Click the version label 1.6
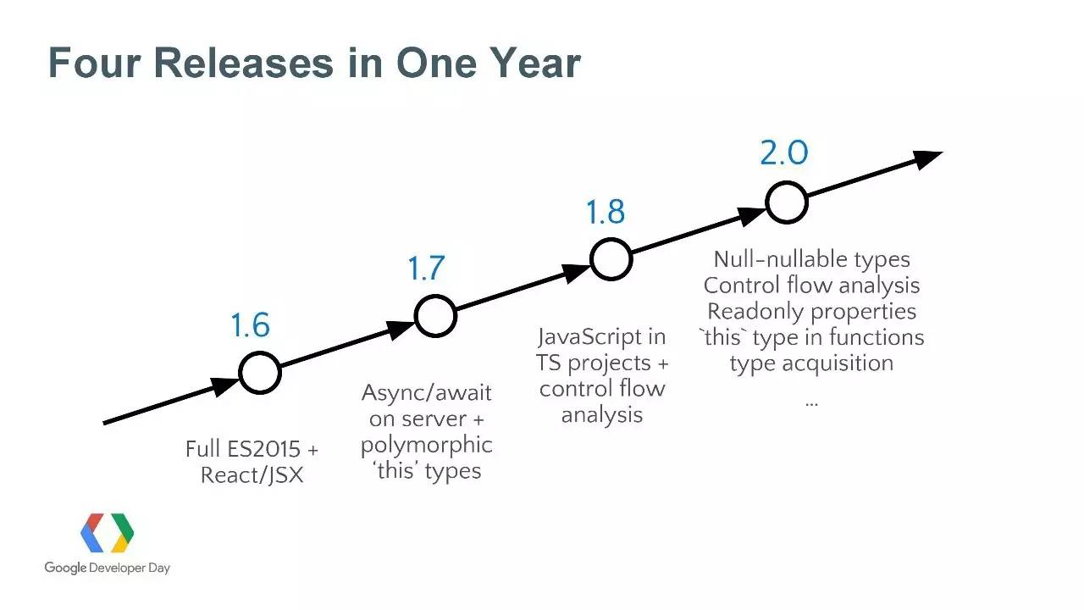[250, 324]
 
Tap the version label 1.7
[426, 268]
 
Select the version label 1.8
[605, 212]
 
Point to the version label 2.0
[784, 152]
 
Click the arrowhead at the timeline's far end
[928, 159]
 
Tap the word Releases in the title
[244, 63]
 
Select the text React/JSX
[252, 475]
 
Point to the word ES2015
[263, 449]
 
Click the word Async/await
[426, 393]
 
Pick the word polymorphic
[426, 446]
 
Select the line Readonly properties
[811, 312]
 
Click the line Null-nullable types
[811, 260]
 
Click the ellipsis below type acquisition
[811, 403]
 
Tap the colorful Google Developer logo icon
[107, 533]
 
